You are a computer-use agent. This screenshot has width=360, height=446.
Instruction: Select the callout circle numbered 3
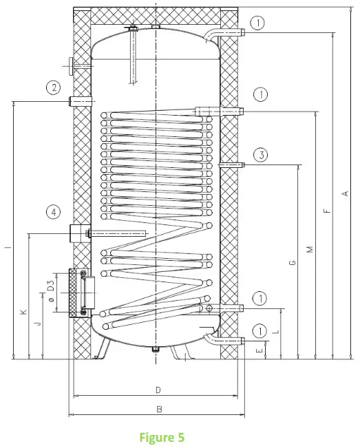260,155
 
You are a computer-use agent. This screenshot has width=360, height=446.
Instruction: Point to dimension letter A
345,194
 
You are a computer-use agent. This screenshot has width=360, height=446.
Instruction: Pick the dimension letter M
310,248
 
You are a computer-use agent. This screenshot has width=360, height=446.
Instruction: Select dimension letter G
293,262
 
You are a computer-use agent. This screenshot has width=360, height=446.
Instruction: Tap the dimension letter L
276,332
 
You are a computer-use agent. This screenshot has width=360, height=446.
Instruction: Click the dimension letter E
260,350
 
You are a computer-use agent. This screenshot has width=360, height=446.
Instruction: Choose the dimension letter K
23,312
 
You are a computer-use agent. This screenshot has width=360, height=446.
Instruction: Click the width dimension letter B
158,409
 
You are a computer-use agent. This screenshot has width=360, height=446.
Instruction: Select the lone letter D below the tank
158,390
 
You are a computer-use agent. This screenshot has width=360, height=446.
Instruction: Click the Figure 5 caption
161,436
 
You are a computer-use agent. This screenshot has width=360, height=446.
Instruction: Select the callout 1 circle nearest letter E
259,331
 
